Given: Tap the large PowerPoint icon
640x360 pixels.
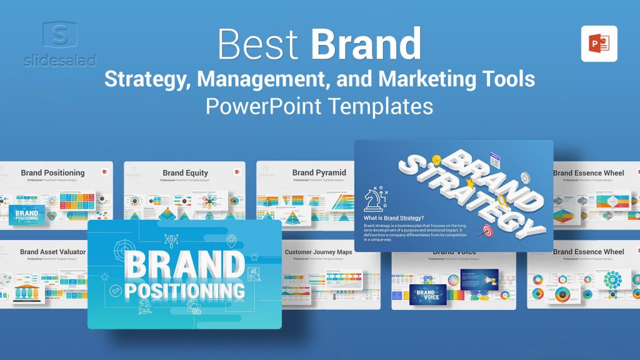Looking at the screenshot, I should click(599, 44).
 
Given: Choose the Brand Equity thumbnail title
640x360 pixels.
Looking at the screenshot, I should click(185, 172).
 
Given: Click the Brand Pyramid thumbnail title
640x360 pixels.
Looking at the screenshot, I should click(319, 172).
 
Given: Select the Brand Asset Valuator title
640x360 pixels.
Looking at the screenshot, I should click(52, 252).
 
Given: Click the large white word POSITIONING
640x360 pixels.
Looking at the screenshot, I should click(184, 291).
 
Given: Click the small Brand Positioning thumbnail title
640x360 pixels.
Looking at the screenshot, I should click(52, 172).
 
